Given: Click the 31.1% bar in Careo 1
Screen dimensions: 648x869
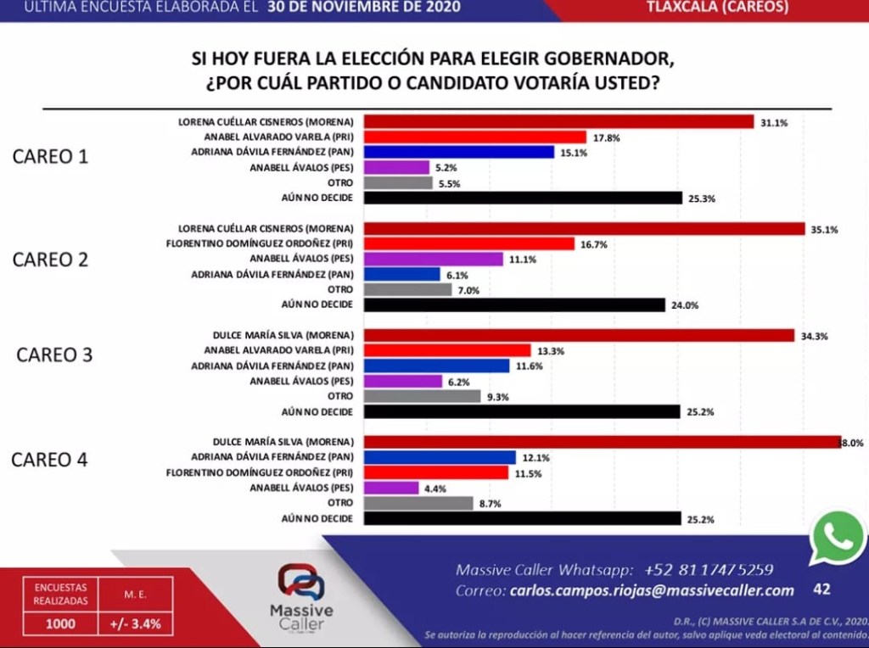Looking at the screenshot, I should pyautogui.click(x=558, y=121).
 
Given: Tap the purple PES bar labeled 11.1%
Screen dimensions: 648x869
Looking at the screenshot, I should pyautogui.click(x=434, y=259).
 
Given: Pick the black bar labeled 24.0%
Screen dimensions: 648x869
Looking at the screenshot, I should pyautogui.click(x=514, y=304).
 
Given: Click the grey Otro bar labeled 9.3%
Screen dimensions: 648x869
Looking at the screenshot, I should pyautogui.click(x=422, y=396).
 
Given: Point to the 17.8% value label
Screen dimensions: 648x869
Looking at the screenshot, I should pyautogui.click(x=605, y=137).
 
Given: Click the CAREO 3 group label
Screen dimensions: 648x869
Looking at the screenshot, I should pyautogui.click(x=54, y=355).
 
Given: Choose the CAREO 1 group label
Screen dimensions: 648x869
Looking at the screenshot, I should pyautogui.click(x=50, y=157).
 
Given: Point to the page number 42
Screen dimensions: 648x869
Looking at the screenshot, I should pyautogui.click(x=821, y=589).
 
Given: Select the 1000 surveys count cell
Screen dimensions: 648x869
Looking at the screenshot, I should pyautogui.click(x=60, y=623).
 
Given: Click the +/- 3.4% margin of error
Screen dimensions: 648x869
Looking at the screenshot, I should pyautogui.click(x=136, y=623).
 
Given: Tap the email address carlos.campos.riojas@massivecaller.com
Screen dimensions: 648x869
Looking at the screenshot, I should pyautogui.click(x=652, y=591).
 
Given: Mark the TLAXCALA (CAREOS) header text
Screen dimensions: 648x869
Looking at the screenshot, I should pyautogui.click(x=716, y=8).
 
